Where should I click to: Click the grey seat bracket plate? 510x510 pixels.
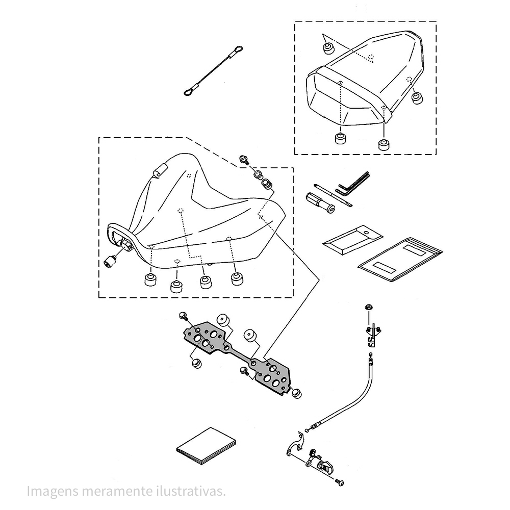pyautogui.click(x=240, y=352)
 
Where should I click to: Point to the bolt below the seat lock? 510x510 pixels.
pyautogui.click(x=340, y=481)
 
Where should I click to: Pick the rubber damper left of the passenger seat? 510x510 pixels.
pyautogui.click(x=327, y=48)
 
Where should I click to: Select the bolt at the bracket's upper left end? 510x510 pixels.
pyautogui.click(x=183, y=318)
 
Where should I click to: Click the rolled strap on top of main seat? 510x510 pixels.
pyautogui.click(x=159, y=171)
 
